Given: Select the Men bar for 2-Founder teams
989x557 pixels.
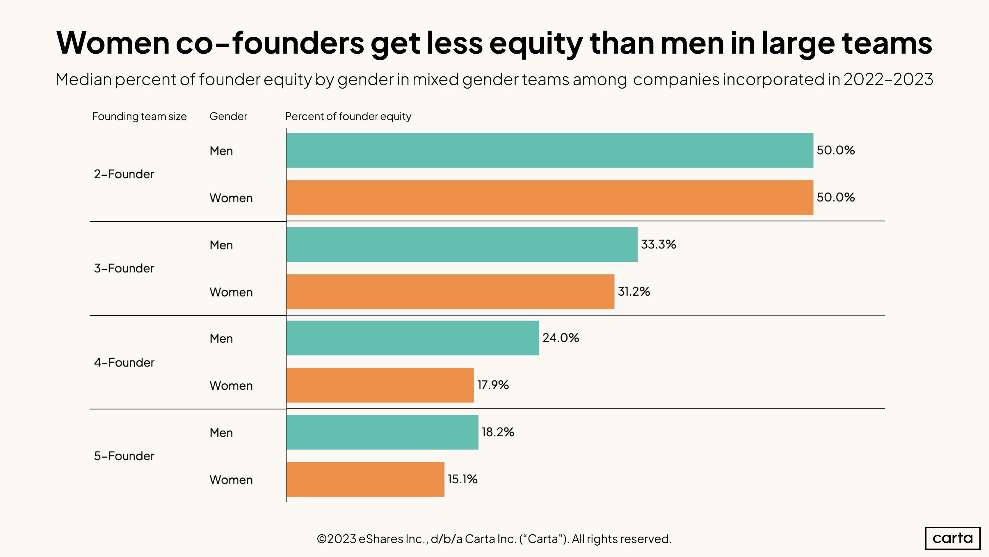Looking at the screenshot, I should click(x=549, y=150).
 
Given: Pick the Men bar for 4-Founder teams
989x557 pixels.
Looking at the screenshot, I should click(x=412, y=338).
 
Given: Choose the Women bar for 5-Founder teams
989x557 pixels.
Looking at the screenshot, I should click(x=365, y=479).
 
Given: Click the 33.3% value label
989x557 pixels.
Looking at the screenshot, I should click(x=658, y=244).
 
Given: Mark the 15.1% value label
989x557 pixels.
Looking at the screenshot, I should click(x=462, y=479).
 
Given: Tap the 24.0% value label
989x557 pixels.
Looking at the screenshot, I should click(x=560, y=338).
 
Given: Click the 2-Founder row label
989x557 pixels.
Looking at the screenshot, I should click(x=124, y=174).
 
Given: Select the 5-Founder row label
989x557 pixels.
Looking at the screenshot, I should click(x=124, y=456).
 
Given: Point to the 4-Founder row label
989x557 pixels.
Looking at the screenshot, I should click(x=124, y=362).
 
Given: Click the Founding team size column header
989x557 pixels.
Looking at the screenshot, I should click(x=139, y=117).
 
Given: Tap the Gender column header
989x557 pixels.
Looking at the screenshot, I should click(x=228, y=117).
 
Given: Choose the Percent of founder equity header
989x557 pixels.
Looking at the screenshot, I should click(x=348, y=117).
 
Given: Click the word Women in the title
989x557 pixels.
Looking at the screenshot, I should click(x=113, y=43).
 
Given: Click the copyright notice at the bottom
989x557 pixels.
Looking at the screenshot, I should click(x=494, y=539).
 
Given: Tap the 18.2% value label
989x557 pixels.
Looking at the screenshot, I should click(x=498, y=432).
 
